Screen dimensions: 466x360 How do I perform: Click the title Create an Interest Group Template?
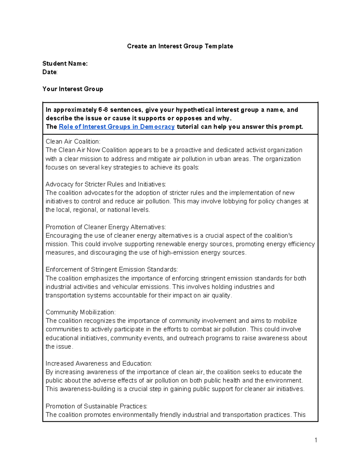(180, 46)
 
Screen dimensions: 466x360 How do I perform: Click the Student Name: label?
(65, 63)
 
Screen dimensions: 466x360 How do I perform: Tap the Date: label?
(50, 72)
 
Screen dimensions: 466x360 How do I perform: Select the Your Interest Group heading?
(73, 89)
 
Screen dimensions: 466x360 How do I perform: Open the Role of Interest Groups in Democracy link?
(117, 127)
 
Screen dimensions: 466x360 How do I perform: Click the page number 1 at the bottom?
(316, 440)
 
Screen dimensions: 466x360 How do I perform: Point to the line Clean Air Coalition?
(73, 141)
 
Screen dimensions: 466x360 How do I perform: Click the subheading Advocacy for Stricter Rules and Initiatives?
(106, 184)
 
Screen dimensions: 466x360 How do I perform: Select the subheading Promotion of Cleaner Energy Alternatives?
(106, 227)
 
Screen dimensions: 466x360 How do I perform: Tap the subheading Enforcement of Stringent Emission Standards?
(112, 269)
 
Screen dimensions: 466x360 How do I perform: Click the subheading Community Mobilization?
(80, 312)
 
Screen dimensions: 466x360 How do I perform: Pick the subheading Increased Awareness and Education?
(99, 363)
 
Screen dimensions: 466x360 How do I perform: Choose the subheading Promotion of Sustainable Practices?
(96, 406)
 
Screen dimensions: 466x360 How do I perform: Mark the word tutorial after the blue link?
(187, 127)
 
